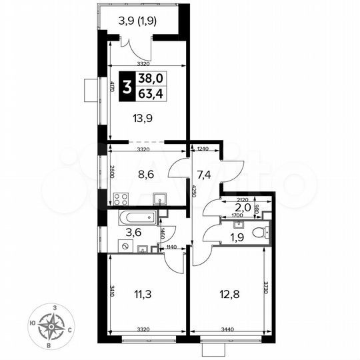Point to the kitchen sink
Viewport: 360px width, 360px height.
point(159,199)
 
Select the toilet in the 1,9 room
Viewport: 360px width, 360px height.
point(265,233)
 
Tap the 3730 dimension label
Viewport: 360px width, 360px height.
point(265,293)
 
